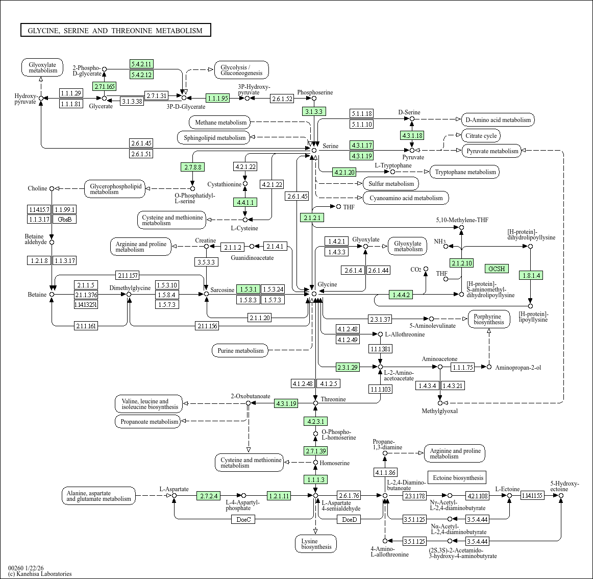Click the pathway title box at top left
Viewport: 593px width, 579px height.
coord(115,31)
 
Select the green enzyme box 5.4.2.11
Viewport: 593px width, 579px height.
coord(141,64)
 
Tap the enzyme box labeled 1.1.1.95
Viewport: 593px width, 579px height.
coord(218,98)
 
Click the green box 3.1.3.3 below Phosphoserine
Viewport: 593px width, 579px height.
coord(314,111)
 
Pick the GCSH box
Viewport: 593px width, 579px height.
coord(497,269)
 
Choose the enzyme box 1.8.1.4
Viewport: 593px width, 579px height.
coord(531,275)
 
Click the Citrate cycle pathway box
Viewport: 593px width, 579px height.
coord(481,136)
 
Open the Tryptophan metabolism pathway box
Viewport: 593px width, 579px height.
coord(465,172)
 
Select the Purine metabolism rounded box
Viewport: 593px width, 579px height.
coord(240,351)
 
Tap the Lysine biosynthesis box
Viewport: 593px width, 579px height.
coord(316,544)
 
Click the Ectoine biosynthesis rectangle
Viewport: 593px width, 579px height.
coord(458,478)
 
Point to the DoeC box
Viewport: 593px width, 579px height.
coord(244,520)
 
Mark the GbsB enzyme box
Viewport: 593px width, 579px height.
coord(65,219)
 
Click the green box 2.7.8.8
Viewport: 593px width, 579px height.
coord(192,167)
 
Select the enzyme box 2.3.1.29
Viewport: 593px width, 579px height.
coord(348,367)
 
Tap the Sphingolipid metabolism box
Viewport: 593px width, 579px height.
coord(214,138)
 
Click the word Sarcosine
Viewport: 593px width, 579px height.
coord(223,290)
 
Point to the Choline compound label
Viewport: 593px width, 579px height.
coord(37,188)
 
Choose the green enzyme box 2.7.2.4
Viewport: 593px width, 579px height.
coord(209,496)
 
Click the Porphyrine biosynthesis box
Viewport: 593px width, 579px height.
coord(488,319)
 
